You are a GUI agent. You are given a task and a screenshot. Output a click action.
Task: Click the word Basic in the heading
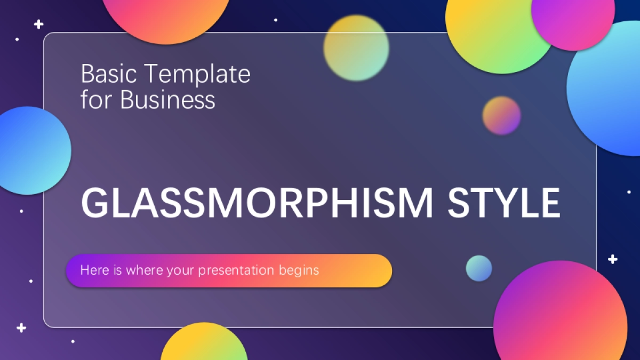109,74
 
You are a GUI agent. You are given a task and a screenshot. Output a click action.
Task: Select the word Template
198,75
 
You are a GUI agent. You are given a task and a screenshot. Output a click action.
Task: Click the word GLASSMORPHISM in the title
257,203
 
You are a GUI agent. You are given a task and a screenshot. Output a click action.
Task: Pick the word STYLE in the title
503,203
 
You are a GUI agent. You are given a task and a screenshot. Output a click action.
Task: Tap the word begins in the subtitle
299,271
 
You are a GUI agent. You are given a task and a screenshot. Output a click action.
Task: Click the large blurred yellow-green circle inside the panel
356,47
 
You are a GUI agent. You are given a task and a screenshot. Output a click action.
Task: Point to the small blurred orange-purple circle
501,115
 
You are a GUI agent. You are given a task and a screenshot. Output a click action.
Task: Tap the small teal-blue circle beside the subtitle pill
479,268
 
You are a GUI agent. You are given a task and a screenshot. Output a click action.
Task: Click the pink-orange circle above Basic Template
166,17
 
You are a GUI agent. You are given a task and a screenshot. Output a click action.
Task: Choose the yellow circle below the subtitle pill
204,343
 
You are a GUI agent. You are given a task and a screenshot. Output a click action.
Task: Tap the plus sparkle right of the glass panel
612,259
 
